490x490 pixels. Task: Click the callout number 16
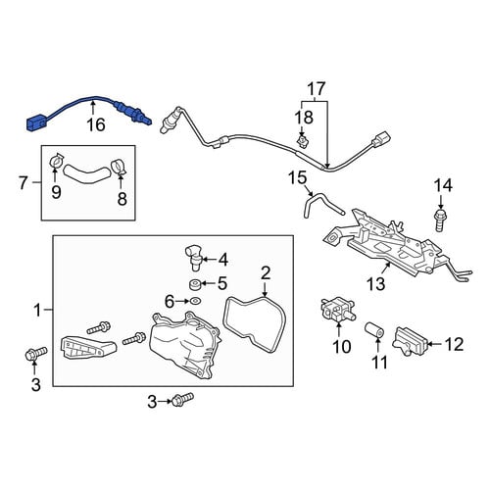click(x=96, y=124)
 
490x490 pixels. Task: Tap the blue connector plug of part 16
click(x=35, y=123)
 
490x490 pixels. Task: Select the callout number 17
click(x=317, y=88)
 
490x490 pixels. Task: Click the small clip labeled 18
click(x=303, y=141)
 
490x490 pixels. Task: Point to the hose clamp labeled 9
click(x=57, y=161)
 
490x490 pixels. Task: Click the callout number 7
click(x=23, y=182)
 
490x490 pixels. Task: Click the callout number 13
click(x=376, y=283)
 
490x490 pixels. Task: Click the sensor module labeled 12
click(x=410, y=341)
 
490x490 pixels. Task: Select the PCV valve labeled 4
click(x=193, y=258)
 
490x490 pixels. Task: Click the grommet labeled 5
click(x=195, y=284)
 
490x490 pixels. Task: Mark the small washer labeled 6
click(x=195, y=300)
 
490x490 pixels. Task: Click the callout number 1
click(x=38, y=310)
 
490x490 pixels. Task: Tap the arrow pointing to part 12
click(x=434, y=343)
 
